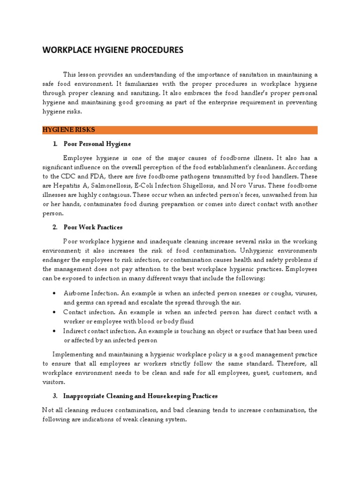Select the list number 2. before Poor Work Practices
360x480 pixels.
point(55,227)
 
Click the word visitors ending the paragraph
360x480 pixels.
point(52,382)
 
